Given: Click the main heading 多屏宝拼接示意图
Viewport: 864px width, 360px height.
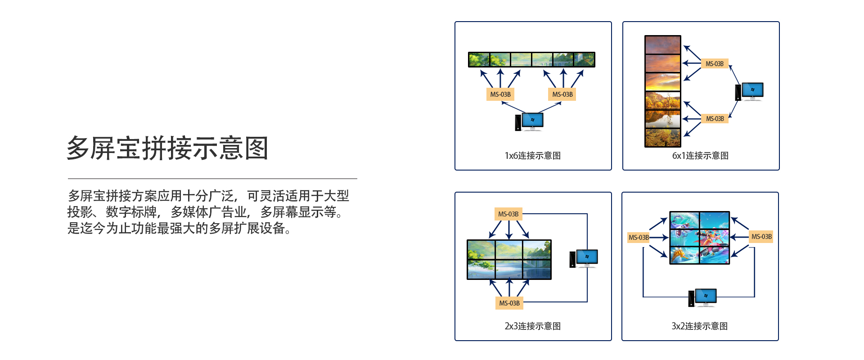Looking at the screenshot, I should [x=167, y=148].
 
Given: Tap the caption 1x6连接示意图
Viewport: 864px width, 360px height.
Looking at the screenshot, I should [x=533, y=156].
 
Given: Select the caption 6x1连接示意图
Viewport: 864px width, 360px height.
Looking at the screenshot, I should [x=700, y=156].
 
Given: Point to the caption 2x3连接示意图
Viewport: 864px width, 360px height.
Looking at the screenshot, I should [x=533, y=326].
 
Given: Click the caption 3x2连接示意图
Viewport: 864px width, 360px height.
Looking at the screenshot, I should [x=700, y=326].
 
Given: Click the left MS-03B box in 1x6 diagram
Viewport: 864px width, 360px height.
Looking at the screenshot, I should [x=500, y=94].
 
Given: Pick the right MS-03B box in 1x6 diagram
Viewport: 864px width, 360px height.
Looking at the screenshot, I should [x=562, y=94].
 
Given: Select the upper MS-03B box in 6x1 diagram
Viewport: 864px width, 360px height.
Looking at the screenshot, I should [x=715, y=64].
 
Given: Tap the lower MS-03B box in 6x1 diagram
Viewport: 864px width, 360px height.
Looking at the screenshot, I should [x=715, y=119].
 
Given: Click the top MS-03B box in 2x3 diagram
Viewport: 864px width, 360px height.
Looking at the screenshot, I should [x=508, y=214].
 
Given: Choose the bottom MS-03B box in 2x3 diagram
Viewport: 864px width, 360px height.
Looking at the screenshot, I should [x=509, y=303].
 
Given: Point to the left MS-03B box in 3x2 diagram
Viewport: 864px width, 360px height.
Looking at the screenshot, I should [x=639, y=238].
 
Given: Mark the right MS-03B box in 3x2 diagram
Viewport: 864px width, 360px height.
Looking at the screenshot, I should [x=761, y=237].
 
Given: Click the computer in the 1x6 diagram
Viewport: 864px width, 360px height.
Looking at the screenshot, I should [x=530, y=121].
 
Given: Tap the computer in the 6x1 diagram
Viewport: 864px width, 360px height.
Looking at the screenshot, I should [x=750, y=91].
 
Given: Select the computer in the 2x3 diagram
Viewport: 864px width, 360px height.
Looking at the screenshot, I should [x=584, y=258].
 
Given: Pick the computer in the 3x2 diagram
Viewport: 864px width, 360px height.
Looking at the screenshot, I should [x=702, y=297].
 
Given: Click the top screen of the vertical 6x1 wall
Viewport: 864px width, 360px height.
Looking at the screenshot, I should [x=663, y=45].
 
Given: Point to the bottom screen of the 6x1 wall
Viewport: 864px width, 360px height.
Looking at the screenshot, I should [x=663, y=138].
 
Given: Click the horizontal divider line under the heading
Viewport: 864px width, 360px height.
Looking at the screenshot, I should [x=212, y=179].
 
